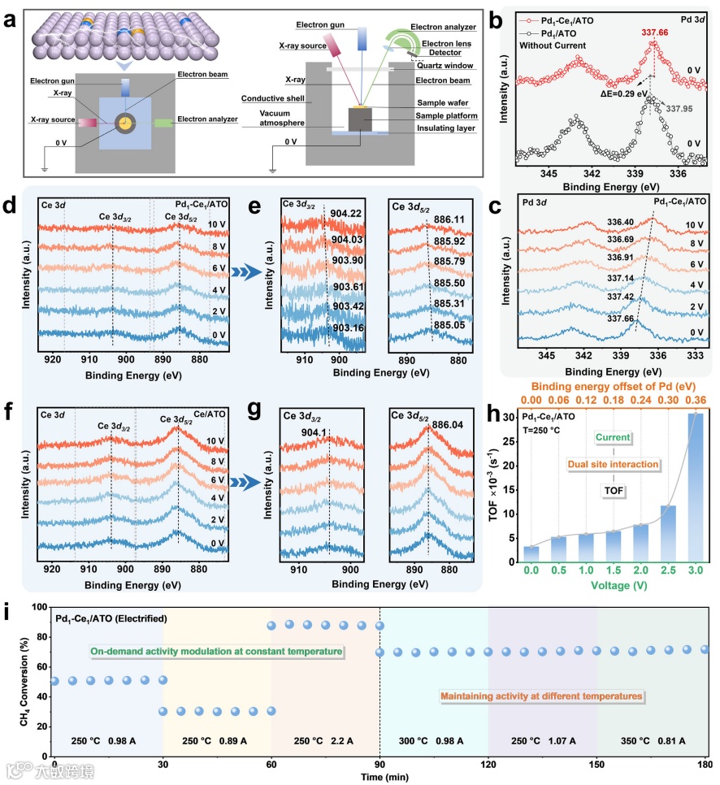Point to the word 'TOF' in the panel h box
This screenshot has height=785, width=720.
tap(614, 490)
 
